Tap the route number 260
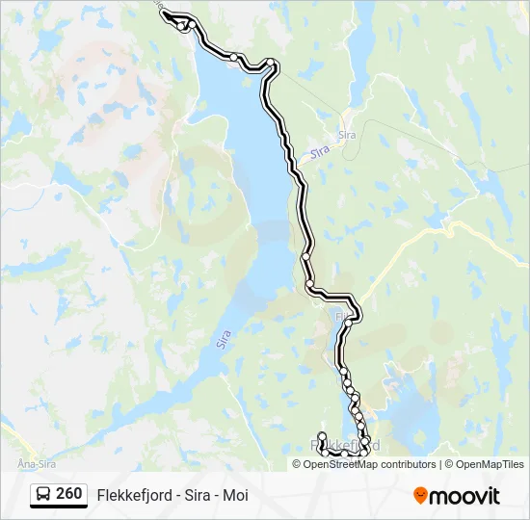(x=69, y=494)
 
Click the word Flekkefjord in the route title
(x=133, y=495)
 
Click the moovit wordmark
(x=464, y=496)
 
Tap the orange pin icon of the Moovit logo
(x=420, y=495)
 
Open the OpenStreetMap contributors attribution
(x=370, y=464)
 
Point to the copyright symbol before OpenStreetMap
(x=297, y=464)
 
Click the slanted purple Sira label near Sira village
(x=321, y=151)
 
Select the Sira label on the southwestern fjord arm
(x=224, y=339)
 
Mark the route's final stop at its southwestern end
(x=322, y=435)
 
